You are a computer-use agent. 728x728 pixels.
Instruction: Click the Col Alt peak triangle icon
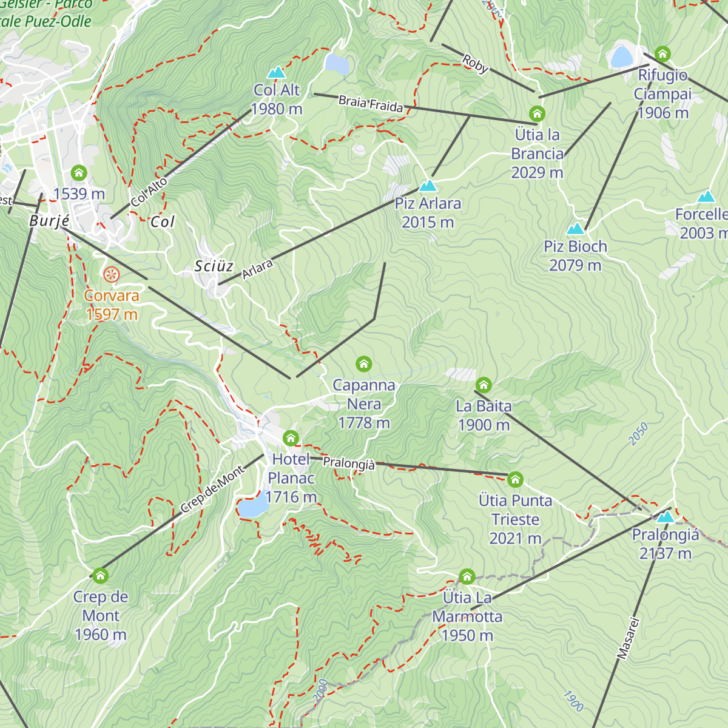[277, 72]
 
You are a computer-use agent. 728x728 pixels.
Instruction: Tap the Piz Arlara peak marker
[428, 186]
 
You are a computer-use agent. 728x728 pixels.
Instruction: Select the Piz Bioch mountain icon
[575, 229]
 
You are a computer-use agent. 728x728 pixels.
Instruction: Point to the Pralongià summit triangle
[666, 517]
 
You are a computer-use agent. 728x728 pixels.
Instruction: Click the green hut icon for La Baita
[484, 385]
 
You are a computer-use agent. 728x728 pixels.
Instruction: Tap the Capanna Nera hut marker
[363, 364]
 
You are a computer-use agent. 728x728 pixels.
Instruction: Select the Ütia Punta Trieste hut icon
[515, 480]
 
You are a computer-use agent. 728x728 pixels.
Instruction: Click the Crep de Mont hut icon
[101, 575]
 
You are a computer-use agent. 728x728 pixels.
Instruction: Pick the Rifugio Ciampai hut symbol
[662, 54]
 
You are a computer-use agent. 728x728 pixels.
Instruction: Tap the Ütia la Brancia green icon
[537, 113]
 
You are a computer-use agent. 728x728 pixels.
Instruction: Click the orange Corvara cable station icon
[111, 275]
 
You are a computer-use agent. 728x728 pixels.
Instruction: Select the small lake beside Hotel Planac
[252, 507]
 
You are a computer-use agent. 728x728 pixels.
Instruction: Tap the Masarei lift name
[629, 638]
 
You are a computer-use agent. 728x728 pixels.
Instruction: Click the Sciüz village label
[214, 266]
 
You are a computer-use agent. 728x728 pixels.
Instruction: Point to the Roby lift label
[475, 64]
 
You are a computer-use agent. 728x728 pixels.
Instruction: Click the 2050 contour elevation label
[638, 434]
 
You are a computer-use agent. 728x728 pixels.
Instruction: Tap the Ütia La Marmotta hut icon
[467, 576]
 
